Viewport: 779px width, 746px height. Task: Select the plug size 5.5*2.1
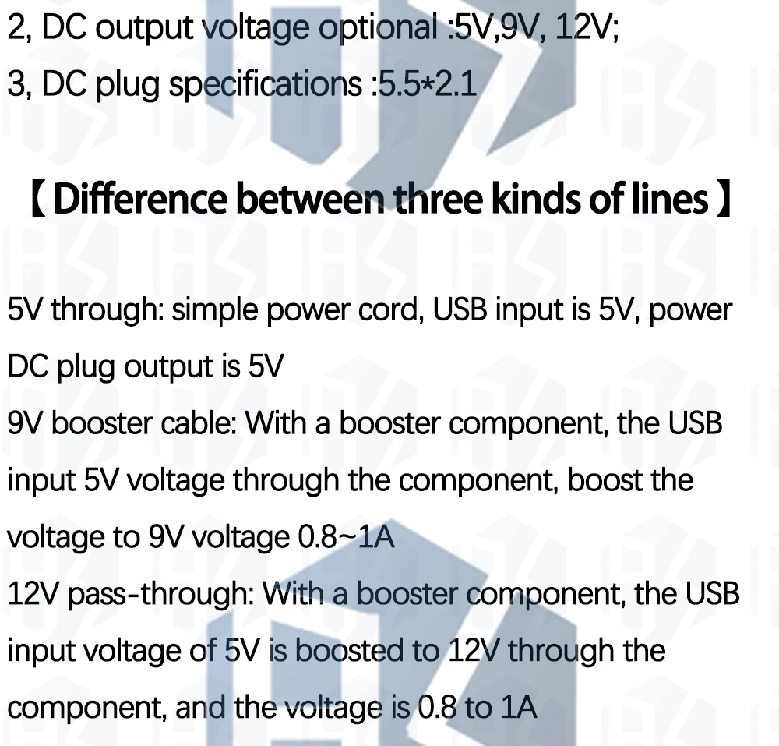[x=425, y=85]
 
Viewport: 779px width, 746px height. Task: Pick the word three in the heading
[x=439, y=200]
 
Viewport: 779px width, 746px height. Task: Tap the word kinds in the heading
[x=536, y=200]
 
